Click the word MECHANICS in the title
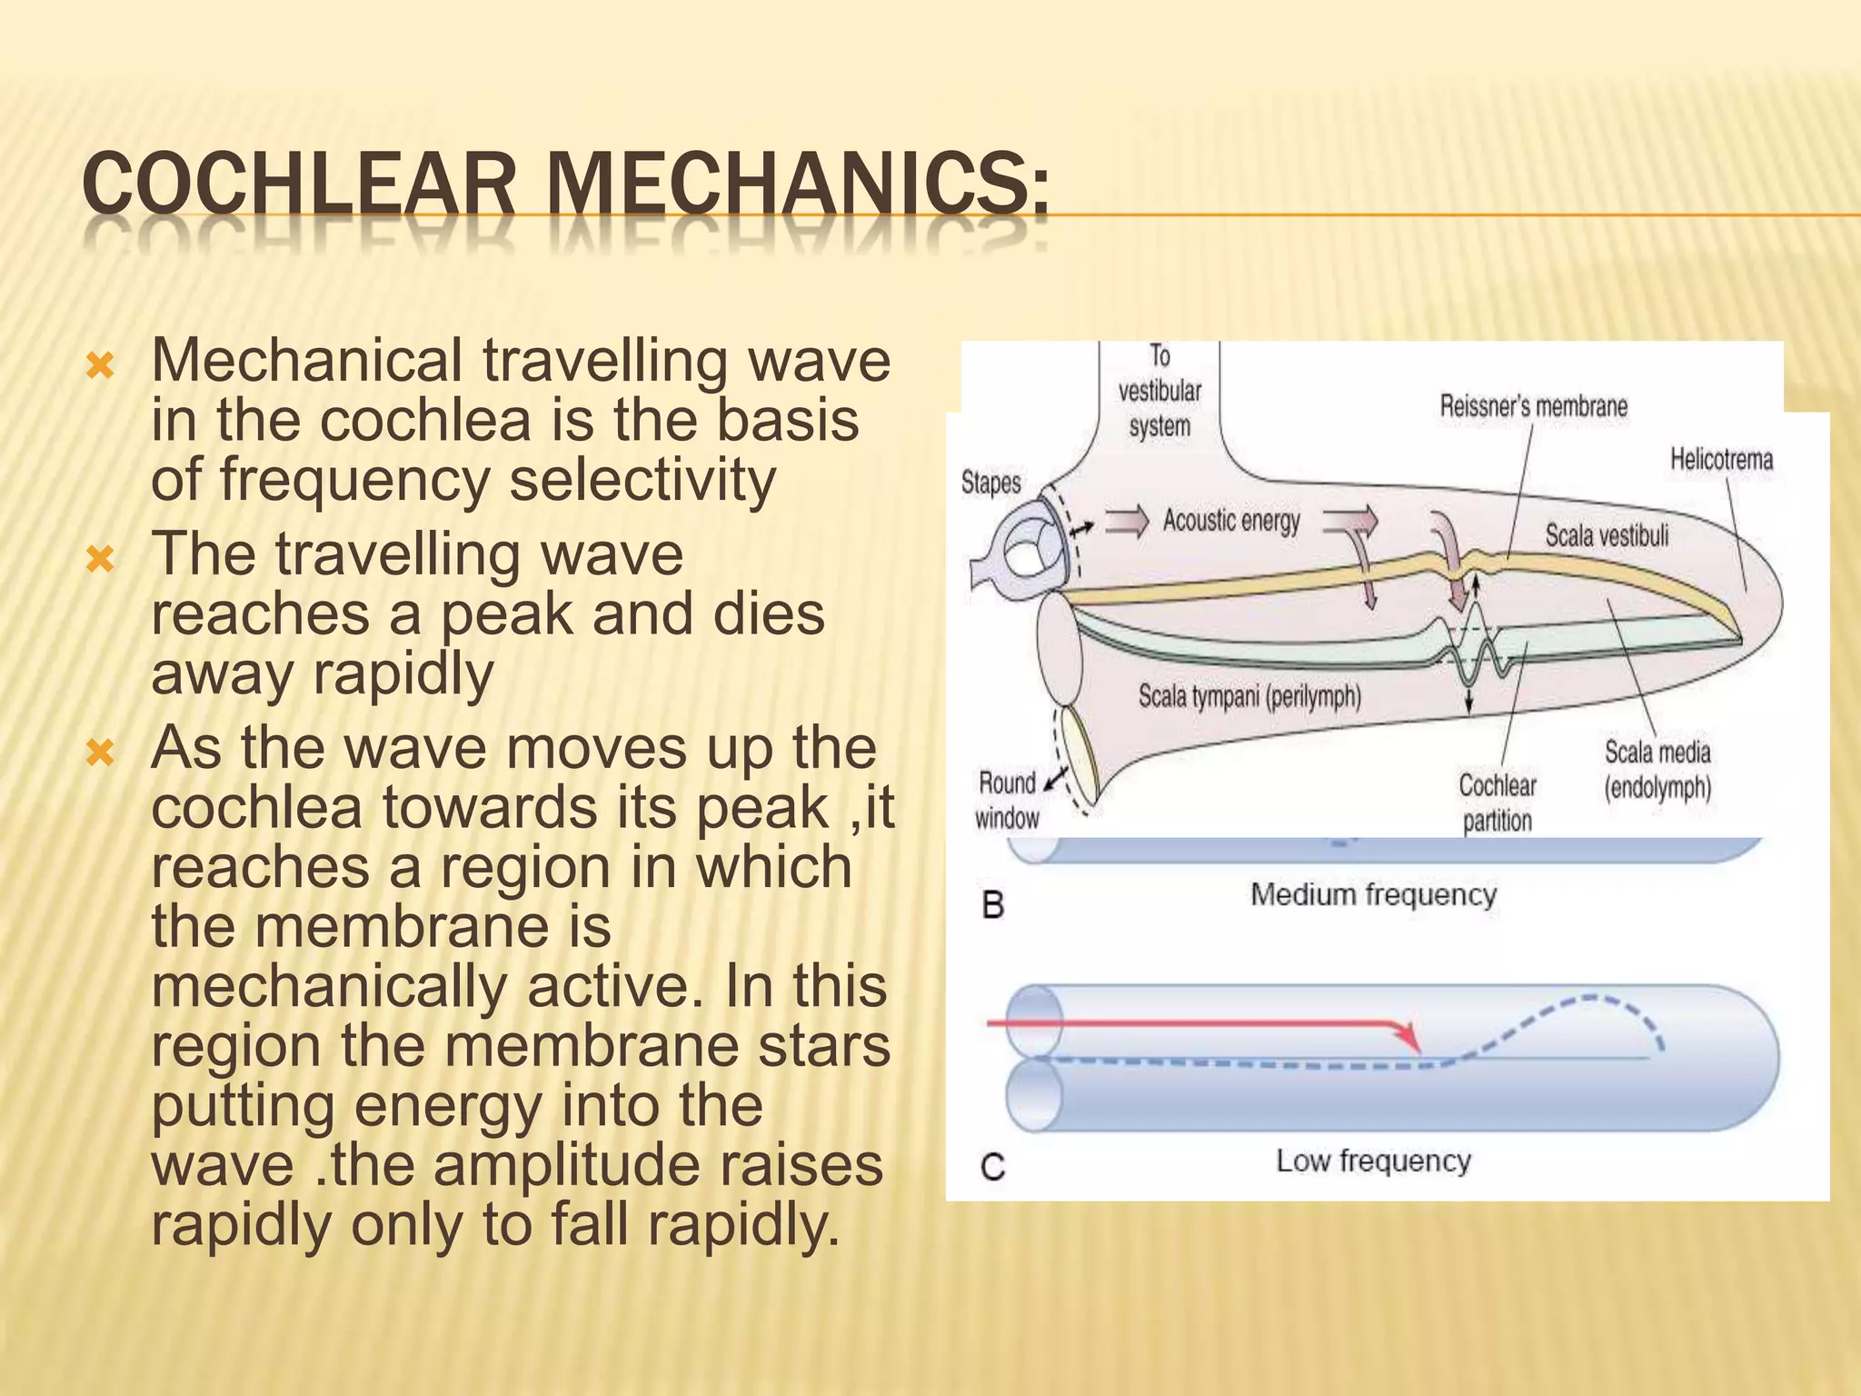tap(797, 185)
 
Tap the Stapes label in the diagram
tap(990, 483)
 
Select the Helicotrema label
tap(1721, 459)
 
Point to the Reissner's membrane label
tap(1533, 406)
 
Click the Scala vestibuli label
tap(1607, 535)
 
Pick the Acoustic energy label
tap(1231, 521)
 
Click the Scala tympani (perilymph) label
tap(1249, 697)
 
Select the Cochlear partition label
tap(1497, 803)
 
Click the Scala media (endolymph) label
tap(1657, 770)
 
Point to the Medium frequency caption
tap(1373, 894)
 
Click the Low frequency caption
tap(1373, 1161)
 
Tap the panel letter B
tap(993, 905)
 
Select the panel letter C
tap(993, 1166)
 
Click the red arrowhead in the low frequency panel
tap(1410, 1038)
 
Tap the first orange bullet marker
tap(100, 366)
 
